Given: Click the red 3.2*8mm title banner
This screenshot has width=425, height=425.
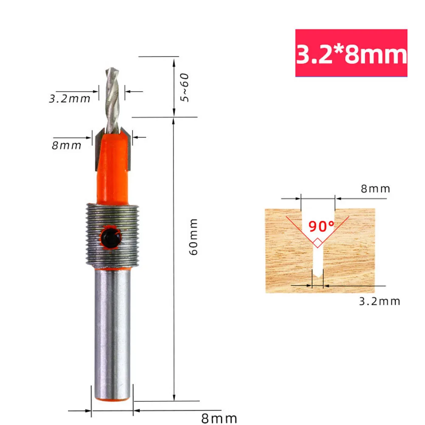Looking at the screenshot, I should pyautogui.click(x=351, y=53).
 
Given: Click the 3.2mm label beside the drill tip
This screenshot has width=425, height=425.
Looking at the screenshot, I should pyautogui.click(x=70, y=99).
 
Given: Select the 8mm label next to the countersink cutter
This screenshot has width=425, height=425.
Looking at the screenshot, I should pyautogui.click(x=66, y=145).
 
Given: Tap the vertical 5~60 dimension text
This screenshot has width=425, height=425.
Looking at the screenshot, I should pyautogui.click(x=184, y=87).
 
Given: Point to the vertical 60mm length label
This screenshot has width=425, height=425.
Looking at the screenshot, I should pyautogui.click(x=194, y=236).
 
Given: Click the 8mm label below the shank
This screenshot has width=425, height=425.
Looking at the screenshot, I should pyautogui.click(x=219, y=419).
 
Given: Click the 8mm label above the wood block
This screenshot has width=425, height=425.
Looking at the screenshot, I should pyautogui.click(x=375, y=189).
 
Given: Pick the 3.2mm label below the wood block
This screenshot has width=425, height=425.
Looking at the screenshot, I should pyautogui.click(x=380, y=301).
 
